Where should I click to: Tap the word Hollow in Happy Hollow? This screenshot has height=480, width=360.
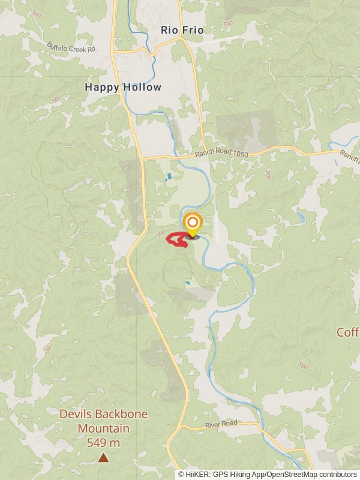(142, 87)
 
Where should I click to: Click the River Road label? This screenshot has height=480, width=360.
(222, 424)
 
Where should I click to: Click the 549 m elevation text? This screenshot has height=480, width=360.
(103, 443)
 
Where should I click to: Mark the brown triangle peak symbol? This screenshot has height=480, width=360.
(103, 458)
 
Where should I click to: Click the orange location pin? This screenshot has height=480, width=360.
(192, 224)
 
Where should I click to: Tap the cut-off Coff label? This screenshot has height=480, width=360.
(348, 332)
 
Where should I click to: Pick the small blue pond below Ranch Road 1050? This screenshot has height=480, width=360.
(169, 177)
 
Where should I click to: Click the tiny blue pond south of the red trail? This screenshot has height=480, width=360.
(188, 282)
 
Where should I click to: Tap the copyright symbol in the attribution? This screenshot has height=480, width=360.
(181, 474)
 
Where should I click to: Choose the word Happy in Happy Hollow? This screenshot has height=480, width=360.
(103, 87)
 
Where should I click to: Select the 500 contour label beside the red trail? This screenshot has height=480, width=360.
(160, 233)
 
